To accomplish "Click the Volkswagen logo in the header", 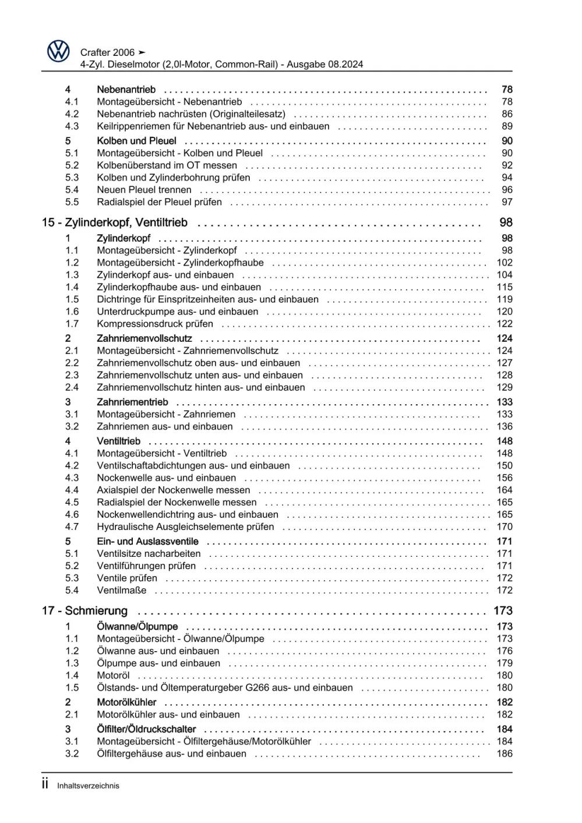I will click(58, 52).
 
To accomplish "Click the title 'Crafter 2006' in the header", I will click(107, 52).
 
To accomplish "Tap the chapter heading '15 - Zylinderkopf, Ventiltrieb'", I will click(115, 222).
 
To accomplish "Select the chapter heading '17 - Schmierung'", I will click(84, 611).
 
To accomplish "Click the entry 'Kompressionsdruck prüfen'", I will click(155, 324).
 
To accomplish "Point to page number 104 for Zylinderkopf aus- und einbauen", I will click(505, 275).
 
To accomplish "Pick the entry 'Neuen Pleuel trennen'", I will click(144, 190).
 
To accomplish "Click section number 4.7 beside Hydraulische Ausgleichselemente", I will click(72, 527).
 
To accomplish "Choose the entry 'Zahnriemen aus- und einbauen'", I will click(165, 427).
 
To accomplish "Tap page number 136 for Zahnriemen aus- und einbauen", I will click(505, 427).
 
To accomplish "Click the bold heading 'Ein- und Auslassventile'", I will click(147, 542).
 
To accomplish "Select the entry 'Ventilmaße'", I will click(122, 591).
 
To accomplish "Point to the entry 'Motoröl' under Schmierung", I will click(113, 676).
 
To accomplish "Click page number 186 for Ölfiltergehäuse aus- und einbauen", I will click(505, 754).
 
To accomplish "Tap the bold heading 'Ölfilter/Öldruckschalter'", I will click(146, 729).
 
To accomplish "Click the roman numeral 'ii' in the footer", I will click(45, 784).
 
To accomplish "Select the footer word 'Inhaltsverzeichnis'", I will click(88, 786).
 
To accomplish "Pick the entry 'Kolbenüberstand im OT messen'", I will click(167, 165).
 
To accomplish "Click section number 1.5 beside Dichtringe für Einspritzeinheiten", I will click(72, 299).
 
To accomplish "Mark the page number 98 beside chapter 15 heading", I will click(506, 222).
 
